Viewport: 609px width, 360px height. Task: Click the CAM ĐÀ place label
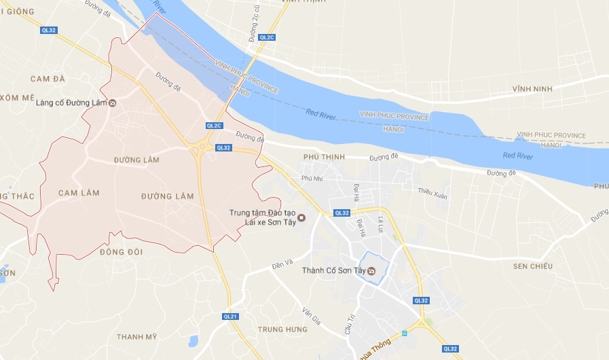(x=48, y=79)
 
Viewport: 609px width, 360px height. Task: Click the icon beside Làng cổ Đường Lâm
(x=113, y=103)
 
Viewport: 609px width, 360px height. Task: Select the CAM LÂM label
(x=79, y=193)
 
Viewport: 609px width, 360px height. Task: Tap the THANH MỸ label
(x=136, y=337)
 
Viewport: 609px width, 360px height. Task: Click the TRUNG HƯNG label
(x=283, y=329)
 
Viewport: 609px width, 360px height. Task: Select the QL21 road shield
(x=231, y=317)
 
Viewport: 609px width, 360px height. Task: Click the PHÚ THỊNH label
(x=325, y=157)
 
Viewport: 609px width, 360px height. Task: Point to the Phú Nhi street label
(x=312, y=179)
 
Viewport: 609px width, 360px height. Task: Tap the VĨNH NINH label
(x=533, y=89)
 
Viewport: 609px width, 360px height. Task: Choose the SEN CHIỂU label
(x=533, y=266)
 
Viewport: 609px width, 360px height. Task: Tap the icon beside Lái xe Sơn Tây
(x=302, y=218)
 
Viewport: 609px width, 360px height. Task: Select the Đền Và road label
(x=281, y=262)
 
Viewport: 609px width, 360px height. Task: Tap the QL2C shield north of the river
(x=265, y=37)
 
